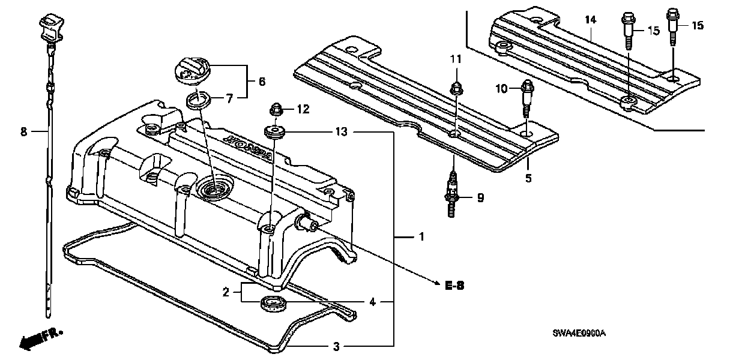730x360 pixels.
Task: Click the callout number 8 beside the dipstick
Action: point(24,131)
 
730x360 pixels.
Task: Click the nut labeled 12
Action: point(277,110)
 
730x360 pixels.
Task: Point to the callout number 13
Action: point(342,131)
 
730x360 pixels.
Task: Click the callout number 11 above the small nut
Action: point(456,58)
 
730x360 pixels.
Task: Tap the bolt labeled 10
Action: point(527,96)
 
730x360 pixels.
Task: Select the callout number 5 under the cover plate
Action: point(529,178)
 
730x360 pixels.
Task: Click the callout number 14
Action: point(591,20)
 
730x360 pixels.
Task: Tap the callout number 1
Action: point(421,238)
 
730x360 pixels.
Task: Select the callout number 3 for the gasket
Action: point(336,346)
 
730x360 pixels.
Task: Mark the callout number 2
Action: point(226,292)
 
